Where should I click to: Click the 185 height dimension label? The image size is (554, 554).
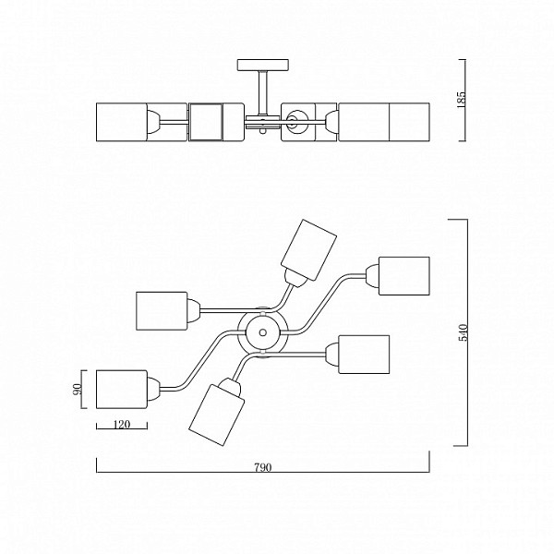coord(461,100)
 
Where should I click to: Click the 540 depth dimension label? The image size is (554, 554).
coord(463,332)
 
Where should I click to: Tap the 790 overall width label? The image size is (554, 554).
coord(263,467)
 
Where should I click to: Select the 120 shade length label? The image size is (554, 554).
coord(122,424)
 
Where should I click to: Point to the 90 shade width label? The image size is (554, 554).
coord(77,389)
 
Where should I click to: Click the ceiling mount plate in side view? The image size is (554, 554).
coord(263,65)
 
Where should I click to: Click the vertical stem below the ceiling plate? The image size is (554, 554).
coord(263,93)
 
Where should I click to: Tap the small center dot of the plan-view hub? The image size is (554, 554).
coord(262,332)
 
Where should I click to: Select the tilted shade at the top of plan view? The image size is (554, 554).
coord(308,250)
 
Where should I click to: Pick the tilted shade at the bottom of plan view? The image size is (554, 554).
coord(217,415)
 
